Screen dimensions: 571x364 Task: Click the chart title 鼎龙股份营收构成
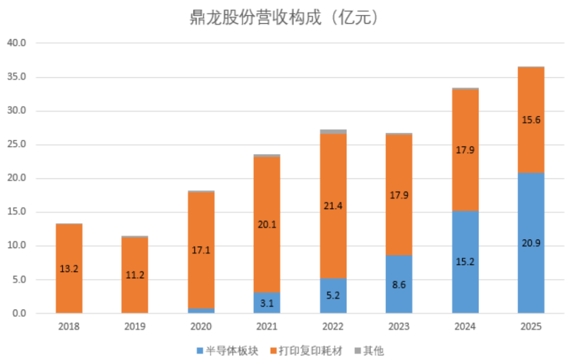coord(256,17)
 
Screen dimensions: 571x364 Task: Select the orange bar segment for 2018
coord(69,269)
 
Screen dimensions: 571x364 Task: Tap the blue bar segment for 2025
coord(531,243)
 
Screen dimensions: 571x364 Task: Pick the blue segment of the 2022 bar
coord(333,296)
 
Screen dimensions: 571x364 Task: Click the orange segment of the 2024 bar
coord(465,150)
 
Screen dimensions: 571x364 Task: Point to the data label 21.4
coord(333,206)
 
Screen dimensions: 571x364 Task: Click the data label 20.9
coord(531,243)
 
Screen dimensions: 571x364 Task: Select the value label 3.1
coord(267,303)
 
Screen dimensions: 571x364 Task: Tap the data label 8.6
coord(399,285)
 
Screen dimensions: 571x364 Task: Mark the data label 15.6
coord(531,120)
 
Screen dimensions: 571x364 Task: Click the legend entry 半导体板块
coord(227,351)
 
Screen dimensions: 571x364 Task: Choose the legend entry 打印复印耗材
coord(307,351)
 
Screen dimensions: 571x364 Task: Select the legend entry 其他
coord(369,351)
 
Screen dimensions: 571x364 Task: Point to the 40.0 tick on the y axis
coord(17,43)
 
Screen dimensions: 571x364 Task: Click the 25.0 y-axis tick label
coord(17,144)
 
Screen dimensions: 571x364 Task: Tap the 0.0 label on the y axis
coord(19,313)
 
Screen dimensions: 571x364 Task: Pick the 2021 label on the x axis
coord(267,326)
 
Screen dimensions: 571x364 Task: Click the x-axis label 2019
coord(135,326)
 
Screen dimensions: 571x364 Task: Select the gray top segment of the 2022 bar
coord(333,132)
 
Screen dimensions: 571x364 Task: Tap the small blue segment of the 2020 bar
coord(201,311)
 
